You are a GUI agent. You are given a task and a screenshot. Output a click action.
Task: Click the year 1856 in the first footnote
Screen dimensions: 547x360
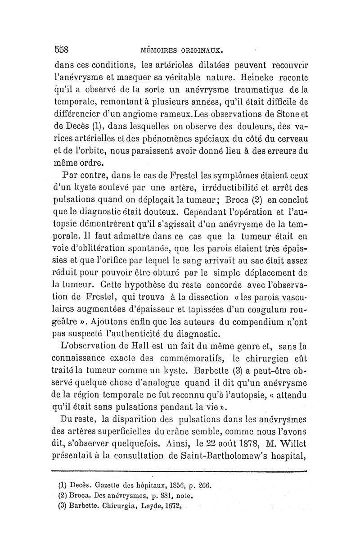[x=173, y=486]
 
